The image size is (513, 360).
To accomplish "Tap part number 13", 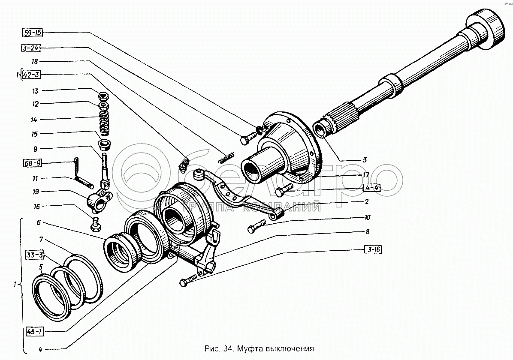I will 35,91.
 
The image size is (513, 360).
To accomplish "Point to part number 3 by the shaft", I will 364,160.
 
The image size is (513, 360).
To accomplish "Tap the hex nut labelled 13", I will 103,95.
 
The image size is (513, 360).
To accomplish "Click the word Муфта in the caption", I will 248,348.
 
